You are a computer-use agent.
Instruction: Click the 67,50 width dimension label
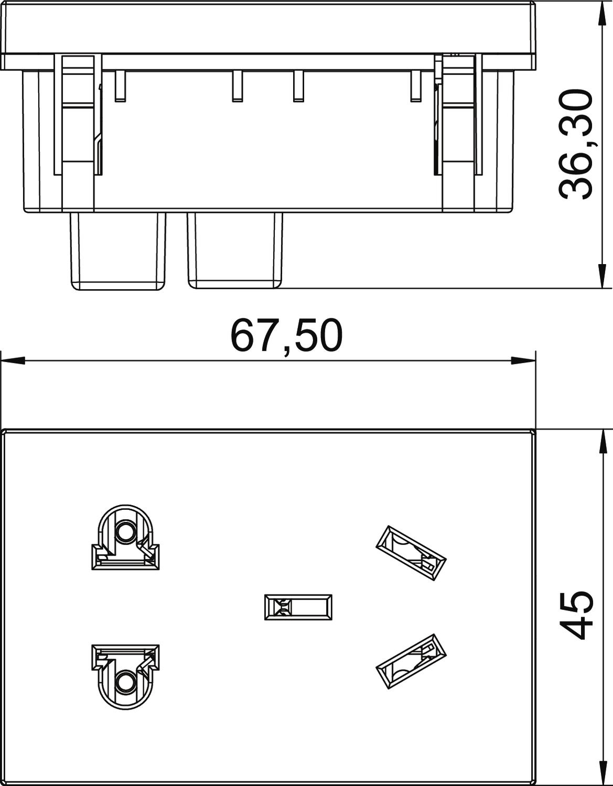pos(286,336)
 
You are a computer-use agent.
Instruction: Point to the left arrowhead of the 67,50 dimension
pos(13,361)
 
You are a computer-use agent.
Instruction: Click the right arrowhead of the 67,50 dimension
pos(523,361)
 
